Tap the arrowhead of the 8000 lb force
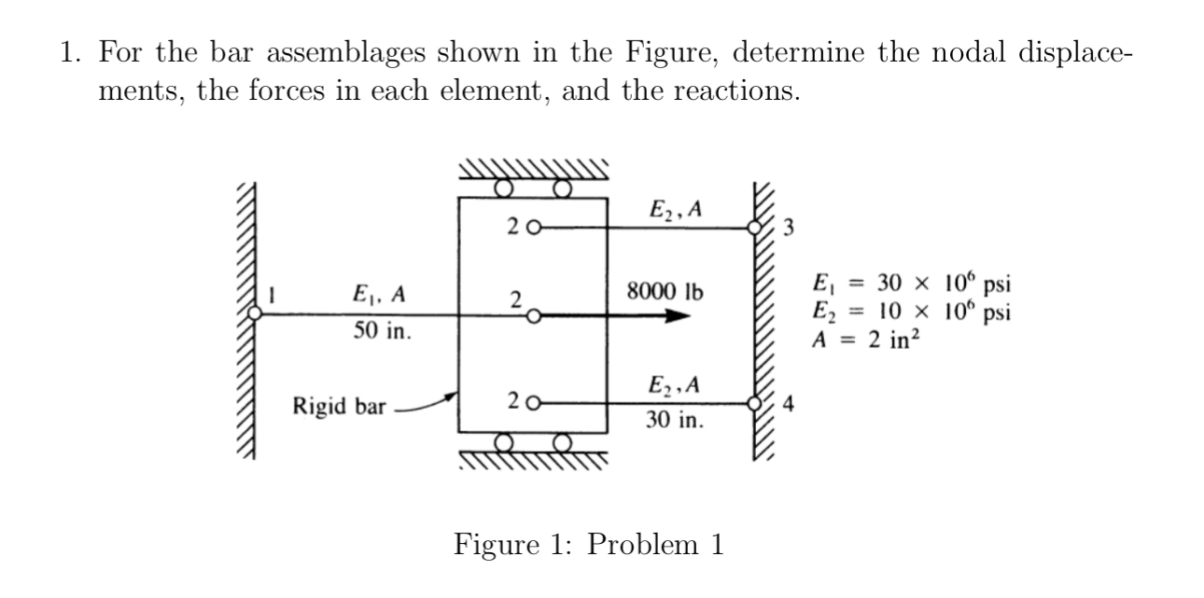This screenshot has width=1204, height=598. pos(680,316)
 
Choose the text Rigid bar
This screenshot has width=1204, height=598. pos(334,406)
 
